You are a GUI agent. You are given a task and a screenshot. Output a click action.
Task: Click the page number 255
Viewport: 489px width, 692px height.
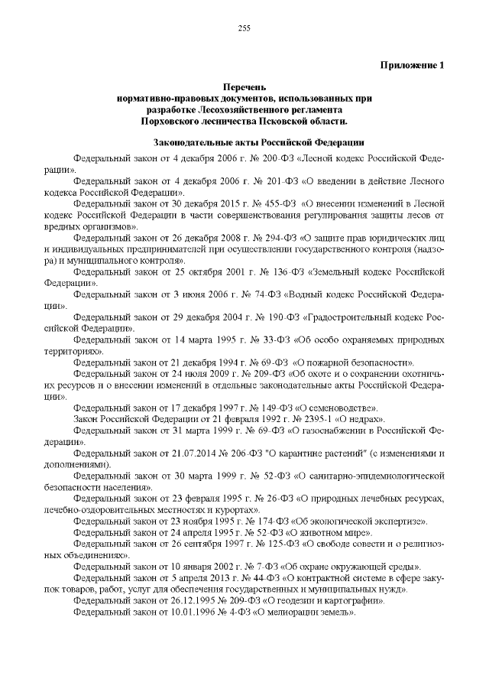(244, 28)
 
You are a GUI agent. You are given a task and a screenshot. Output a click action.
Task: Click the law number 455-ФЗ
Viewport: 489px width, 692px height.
(279, 206)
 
